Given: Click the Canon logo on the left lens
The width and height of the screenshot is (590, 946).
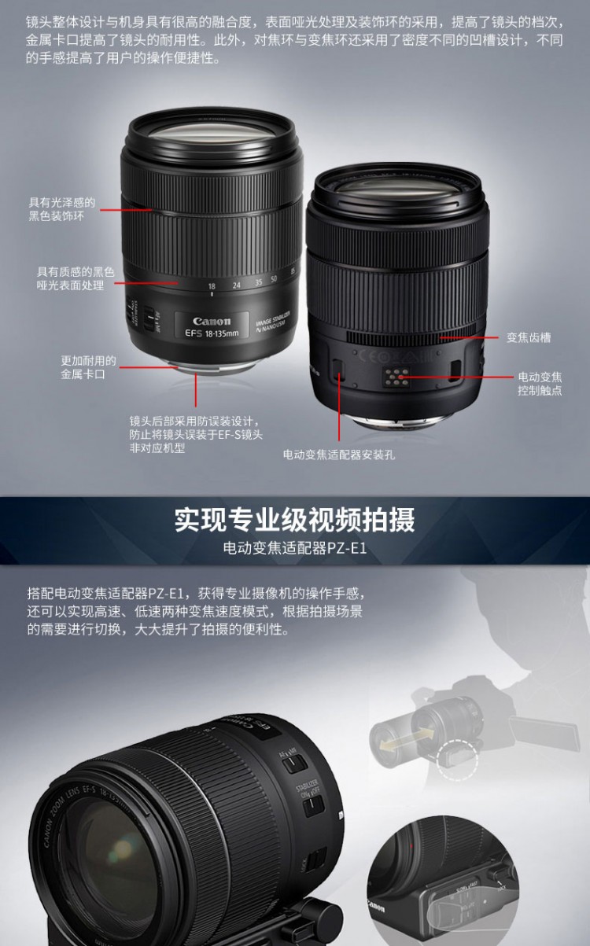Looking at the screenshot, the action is coord(212,321).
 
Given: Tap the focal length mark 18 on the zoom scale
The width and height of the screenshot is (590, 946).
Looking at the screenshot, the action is coord(212,286).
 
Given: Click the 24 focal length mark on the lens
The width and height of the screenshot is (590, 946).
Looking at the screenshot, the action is coord(237,285).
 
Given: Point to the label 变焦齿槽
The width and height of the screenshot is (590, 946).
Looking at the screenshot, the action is coord(529,337).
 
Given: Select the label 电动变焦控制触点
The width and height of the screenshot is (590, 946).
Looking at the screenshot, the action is coord(540,384).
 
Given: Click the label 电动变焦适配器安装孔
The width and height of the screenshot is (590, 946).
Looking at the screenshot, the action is coord(339,455).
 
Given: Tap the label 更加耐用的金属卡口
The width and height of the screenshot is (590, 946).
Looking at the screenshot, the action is coord(88,367).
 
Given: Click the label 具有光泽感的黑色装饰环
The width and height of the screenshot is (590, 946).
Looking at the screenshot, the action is coord(61,209).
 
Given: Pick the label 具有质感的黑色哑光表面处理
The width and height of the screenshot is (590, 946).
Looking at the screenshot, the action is coord(76,278).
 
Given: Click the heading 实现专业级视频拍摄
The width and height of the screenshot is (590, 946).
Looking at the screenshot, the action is coord(295,520).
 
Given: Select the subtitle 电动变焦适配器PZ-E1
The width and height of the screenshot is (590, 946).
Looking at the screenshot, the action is coord(295,548).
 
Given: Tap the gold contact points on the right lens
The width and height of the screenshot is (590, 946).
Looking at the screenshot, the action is coord(397,377).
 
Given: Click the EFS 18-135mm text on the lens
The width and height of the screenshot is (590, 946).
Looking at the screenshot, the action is coord(212,333).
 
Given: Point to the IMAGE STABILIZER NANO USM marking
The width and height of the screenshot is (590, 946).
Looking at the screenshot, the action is coord(273,322).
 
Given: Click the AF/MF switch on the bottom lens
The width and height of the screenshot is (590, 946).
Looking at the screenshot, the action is coord(293,761).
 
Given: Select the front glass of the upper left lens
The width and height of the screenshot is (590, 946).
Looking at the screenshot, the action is coord(211,132).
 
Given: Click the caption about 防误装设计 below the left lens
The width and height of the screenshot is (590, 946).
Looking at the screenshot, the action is coord(196,434).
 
